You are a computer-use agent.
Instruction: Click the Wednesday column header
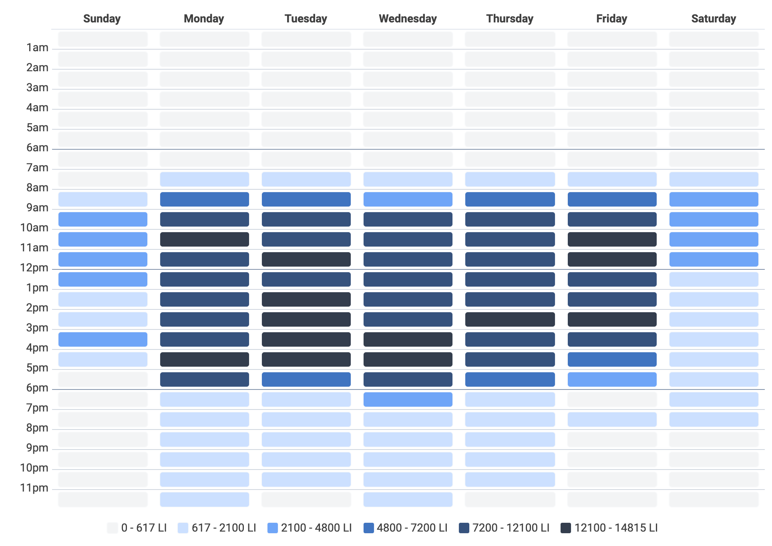point(408,19)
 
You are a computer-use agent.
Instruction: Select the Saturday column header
point(714,19)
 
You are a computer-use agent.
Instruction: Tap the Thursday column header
point(510,19)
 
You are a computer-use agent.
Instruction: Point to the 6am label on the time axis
point(37,148)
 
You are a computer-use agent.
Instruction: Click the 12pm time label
point(34,268)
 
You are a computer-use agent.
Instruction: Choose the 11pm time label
point(34,488)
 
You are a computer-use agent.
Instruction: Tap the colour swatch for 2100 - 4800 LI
point(273,528)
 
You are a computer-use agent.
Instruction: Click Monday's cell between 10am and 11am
point(204,239)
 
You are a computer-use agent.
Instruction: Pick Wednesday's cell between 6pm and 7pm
point(408,399)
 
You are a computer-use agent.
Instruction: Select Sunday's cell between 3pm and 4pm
point(103,339)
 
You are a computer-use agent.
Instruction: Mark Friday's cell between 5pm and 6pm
point(612,379)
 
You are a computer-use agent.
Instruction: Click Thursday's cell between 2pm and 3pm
point(510,319)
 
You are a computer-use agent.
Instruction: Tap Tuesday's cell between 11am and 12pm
point(306,259)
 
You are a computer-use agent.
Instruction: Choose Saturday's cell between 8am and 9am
point(714,199)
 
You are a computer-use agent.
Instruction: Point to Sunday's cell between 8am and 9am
point(103,199)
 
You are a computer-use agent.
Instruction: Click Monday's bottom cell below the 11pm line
point(204,500)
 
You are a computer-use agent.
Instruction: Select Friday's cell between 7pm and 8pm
point(612,420)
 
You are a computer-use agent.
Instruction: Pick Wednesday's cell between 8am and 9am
point(408,199)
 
